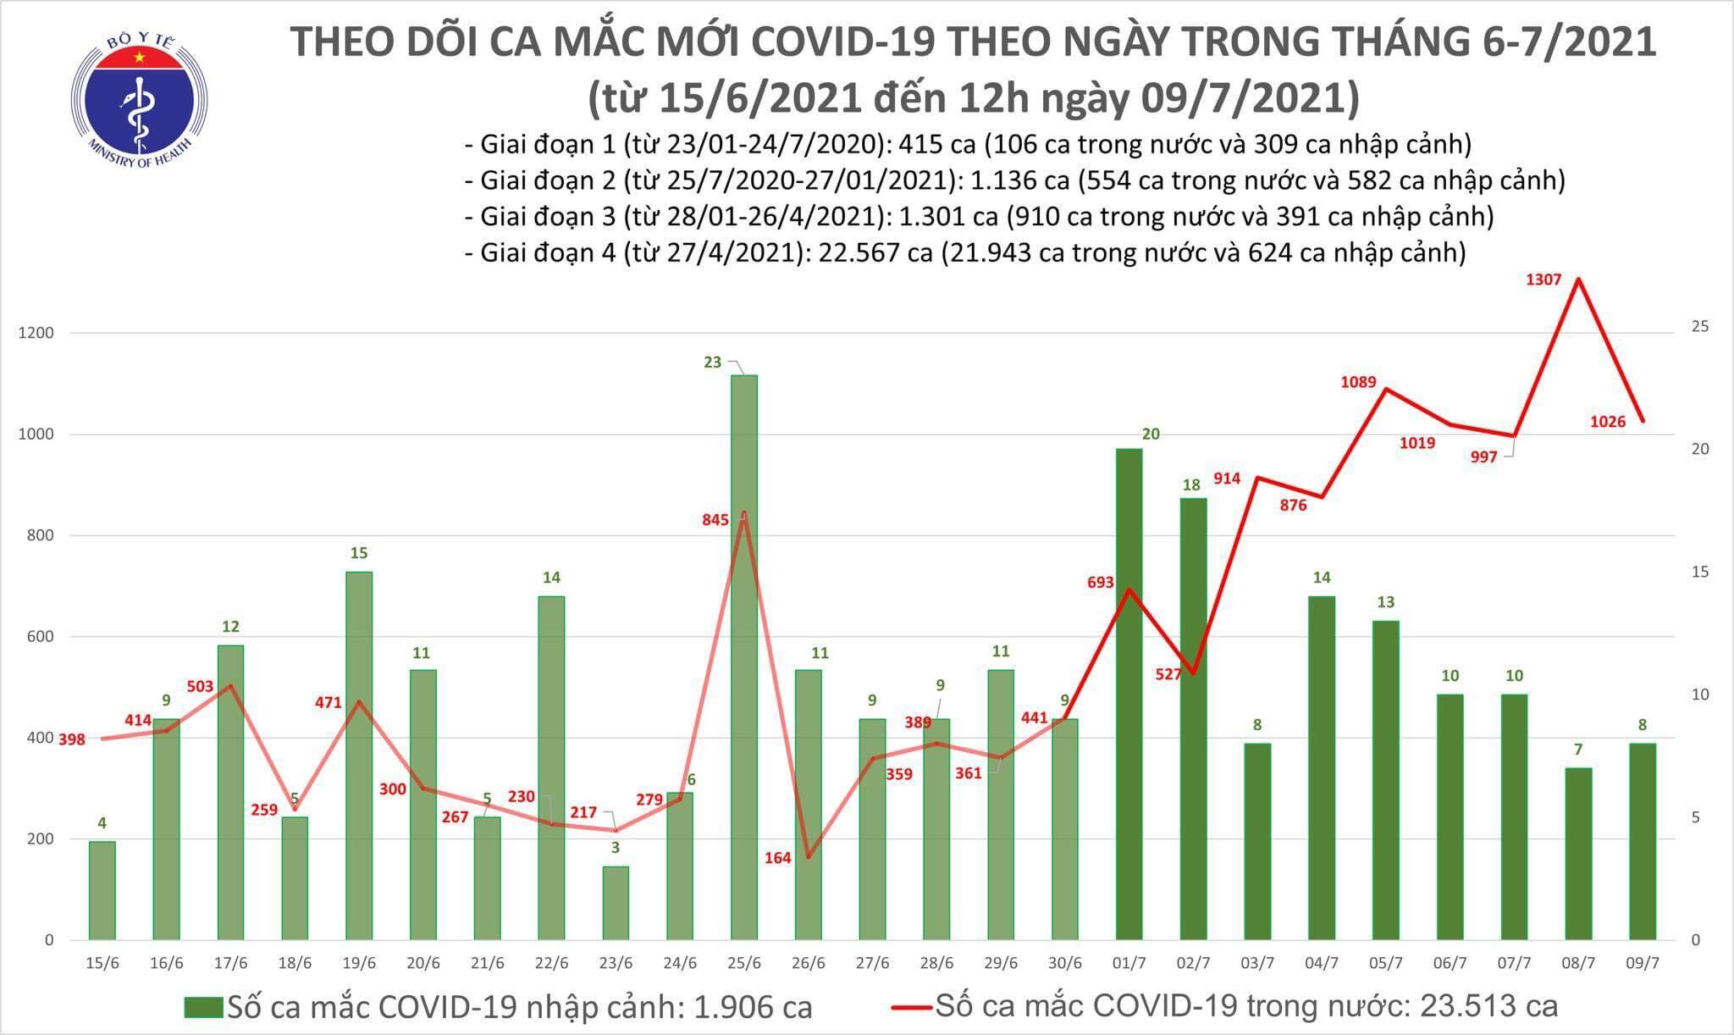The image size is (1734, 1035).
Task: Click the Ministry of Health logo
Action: pyautogui.click(x=140, y=99)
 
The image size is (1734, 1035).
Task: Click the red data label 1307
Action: pyautogui.click(x=1543, y=280)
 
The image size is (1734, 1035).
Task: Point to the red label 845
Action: pyautogui.click(x=715, y=520)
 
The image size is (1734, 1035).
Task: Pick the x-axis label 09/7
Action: pyautogui.click(x=1643, y=964)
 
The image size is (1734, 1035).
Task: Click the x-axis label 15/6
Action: pyautogui.click(x=102, y=964)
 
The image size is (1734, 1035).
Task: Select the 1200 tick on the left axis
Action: pyautogui.click(x=36, y=333)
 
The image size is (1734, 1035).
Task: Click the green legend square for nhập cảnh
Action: pyautogui.click(x=203, y=1007)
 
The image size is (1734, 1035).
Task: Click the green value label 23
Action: pyautogui.click(x=712, y=363)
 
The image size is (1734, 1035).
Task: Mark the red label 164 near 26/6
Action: pyautogui.click(x=776, y=858)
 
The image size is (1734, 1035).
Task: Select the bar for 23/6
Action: pyautogui.click(x=616, y=903)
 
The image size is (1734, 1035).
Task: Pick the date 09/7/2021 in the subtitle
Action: pyautogui.click(x=1247, y=98)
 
